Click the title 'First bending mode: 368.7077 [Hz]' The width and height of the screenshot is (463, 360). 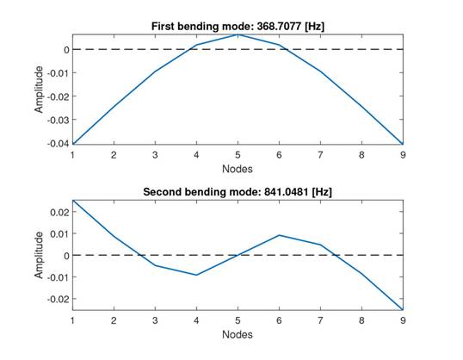coord(237,27)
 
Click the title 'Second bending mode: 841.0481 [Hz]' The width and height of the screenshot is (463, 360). coord(237,192)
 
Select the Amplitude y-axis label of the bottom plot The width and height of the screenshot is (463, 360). coord(38,255)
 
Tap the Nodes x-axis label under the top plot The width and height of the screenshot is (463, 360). coord(237,168)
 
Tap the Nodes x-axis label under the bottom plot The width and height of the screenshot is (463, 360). coord(237,333)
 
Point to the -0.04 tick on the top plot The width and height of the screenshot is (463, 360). coord(57,144)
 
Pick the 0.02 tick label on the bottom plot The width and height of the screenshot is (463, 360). coord(59,211)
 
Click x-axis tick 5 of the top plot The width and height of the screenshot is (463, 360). coord(237,155)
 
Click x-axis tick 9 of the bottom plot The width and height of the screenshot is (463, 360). coord(401,320)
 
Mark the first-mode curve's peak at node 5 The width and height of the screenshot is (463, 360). coord(237,34)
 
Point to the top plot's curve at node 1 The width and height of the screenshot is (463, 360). coord(72,144)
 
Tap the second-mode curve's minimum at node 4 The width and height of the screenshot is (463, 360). coord(196,275)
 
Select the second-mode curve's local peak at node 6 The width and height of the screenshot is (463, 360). coord(278,235)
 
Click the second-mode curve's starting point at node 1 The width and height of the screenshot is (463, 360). coord(72,201)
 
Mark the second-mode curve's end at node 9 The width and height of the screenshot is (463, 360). coord(401,309)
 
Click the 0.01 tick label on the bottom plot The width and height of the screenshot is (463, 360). coord(59,233)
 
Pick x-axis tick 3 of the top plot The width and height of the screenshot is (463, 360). coord(155,155)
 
